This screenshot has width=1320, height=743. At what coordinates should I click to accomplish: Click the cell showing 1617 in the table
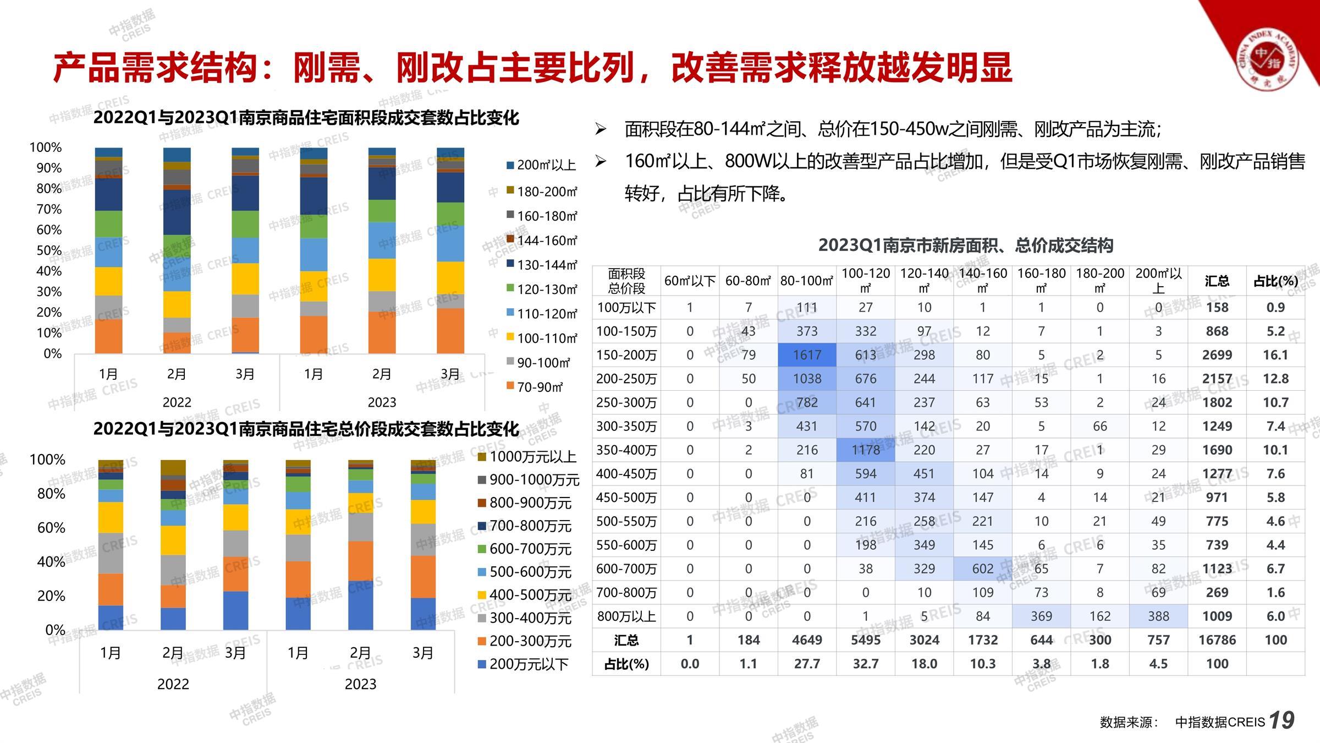coord(807,355)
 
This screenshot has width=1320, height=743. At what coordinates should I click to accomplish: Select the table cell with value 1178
coord(865,450)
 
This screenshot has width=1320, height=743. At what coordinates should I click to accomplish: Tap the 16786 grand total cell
coord(1217,640)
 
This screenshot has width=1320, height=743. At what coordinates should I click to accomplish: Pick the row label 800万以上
coord(626,616)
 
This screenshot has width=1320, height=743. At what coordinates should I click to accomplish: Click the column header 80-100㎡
coord(807,281)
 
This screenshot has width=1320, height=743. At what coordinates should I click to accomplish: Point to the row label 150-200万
coord(626,355)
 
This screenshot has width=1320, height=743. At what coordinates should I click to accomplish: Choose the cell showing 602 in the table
coord(982,569)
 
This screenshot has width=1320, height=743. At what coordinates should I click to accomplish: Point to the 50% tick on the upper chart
coord(49,250)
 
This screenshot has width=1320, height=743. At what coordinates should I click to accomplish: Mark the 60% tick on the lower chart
coord(51,528)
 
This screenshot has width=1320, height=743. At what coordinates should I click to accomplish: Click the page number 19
coord(1281,720)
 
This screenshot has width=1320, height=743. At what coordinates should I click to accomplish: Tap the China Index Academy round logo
coord(1267,60)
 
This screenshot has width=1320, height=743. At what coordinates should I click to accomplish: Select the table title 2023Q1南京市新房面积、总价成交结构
coord(965,245)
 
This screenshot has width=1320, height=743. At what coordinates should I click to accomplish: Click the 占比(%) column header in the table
coord(1275,281)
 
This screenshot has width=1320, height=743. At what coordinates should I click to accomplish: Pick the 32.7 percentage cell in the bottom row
coord(865,664)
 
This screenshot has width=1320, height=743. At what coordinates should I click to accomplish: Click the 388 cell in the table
coord(1158,616)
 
